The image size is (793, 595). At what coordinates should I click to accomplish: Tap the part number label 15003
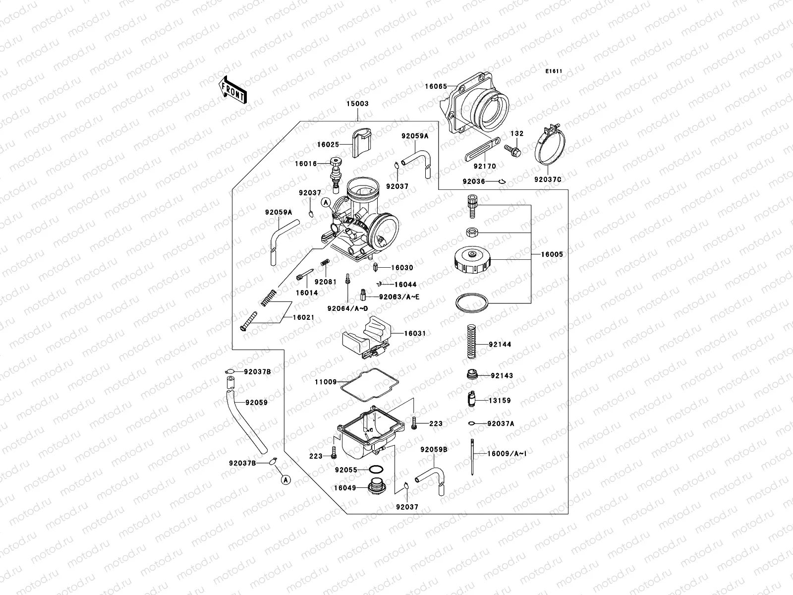click(x=357, y=104)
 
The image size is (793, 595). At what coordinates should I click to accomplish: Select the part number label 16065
click(x=436, y=86)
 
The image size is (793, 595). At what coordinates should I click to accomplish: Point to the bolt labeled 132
click(x=513, y=149)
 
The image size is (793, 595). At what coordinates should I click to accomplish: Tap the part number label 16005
click(x=552, y=254)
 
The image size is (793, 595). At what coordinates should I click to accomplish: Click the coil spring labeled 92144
click(x=472, y=341)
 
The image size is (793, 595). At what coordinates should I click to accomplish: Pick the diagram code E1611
click(x=554, y=71)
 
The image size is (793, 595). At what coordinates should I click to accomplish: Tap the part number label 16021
click(x=303, y=317)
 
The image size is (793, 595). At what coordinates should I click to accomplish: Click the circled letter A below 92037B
click(x=285, y=479)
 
